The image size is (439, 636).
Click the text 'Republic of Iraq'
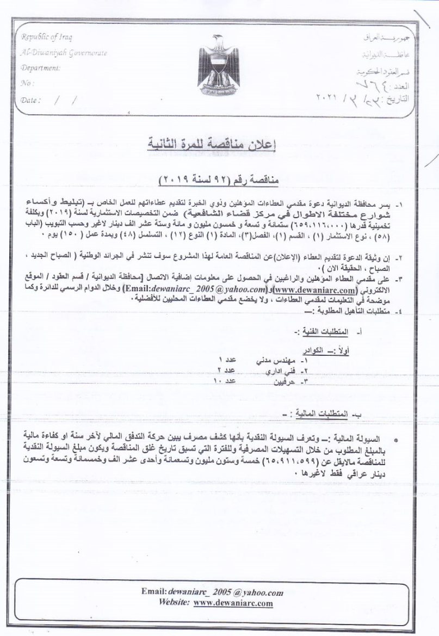point(47,38)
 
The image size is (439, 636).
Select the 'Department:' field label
point(40,69)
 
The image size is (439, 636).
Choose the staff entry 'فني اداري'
point(279,371)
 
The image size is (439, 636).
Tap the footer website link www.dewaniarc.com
point(233,603)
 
